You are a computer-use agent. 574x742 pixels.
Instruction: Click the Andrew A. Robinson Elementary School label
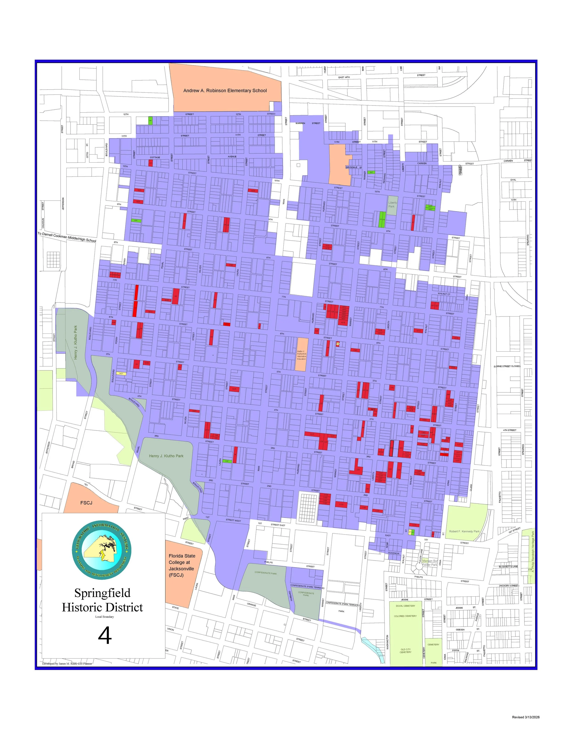(x=225, y=91)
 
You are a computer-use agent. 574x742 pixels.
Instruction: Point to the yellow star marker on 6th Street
(x=338, y=344)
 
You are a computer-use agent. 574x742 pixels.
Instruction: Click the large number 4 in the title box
(x=105, y=636)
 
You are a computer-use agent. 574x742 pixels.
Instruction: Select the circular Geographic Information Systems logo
(x=102, y=550)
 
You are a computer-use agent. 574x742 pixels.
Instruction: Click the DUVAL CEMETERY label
(x=405, y=606)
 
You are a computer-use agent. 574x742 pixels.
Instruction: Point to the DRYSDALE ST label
(x=354, y=167)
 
